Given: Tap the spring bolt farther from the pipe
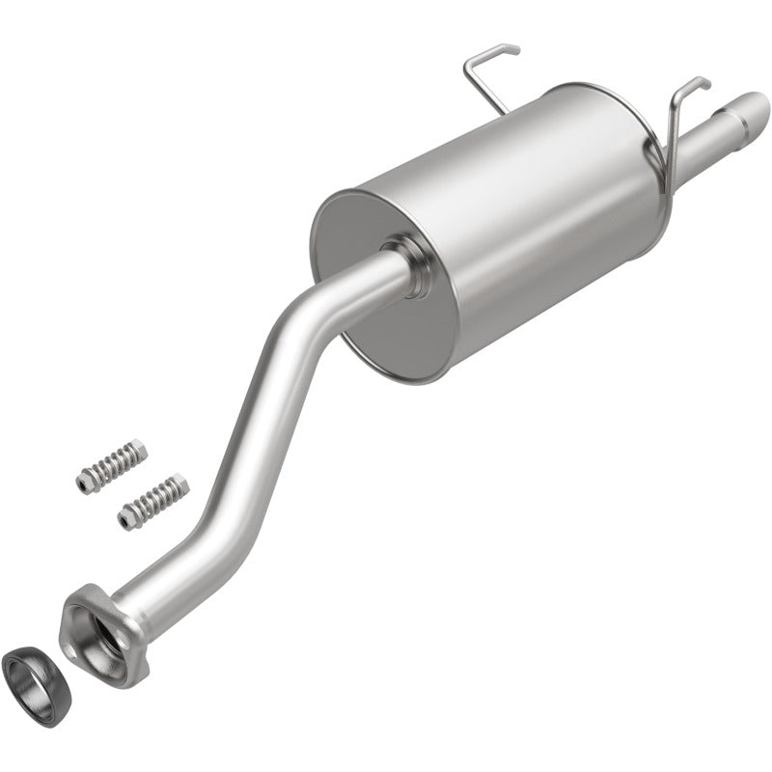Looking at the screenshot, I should (110, 466).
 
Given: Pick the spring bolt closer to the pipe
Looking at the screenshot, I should (152, 500).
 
